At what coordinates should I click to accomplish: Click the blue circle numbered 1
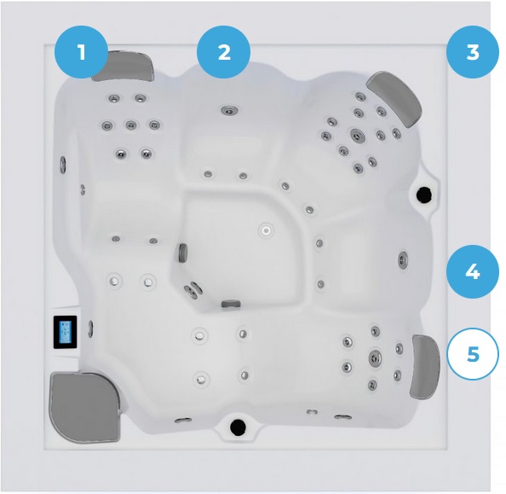point(81,52)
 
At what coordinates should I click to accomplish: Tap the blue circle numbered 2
point(224,52)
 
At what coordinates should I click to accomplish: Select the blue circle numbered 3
point(473,52)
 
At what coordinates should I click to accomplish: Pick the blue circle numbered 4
point(473,271)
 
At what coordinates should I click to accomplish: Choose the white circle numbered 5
point(473,354)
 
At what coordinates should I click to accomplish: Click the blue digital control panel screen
point(66,332)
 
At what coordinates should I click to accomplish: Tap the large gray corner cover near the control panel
point(84,407)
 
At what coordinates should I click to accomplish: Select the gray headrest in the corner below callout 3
point(395,97)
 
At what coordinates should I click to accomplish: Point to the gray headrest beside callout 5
point(425,367)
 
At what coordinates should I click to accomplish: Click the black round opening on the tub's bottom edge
point(239,427)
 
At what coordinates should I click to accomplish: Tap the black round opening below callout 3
point(423,195)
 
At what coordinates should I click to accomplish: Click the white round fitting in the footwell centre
point(267,230)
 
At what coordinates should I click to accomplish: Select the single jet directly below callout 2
point(230,110)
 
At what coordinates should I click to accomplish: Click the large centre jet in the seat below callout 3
point(357,135)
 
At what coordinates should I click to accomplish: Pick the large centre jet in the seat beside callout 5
point(375,357)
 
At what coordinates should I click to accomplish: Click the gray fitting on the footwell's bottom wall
point(231,304)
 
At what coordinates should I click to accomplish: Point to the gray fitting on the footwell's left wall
point(183,253)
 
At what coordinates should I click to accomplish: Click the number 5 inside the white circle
point(473,354)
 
